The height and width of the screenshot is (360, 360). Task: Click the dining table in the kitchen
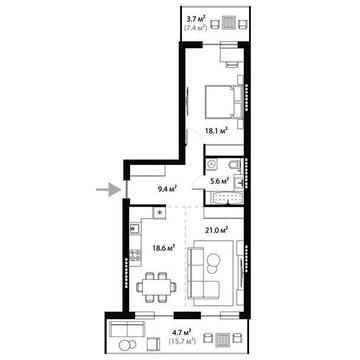pyautogui.click(x=154, y=289)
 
